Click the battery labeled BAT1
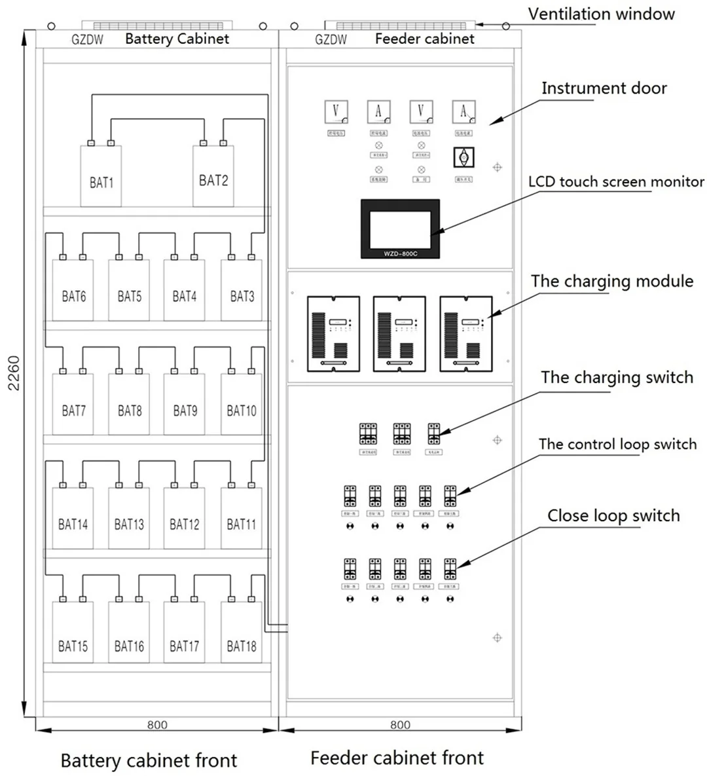click(x=101, y=176)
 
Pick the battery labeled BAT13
click(x=129, y=518)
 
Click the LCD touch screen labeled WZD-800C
click(x=400, y=229)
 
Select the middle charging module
click(x=399, y=333)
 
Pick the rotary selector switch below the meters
click(x=463, y=157)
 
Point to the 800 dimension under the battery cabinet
click(x=157, y=725)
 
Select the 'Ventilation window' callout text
click(x=601, y=14)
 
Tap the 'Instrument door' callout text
click(x=604, y=88)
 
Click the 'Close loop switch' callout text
click(x=613, y=516)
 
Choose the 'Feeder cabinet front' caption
click(x=397, y=758)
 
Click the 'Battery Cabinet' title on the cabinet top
click(x=177, y=39)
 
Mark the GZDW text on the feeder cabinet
click(x=331, y=39)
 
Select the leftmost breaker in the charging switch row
click(x=368, y=434)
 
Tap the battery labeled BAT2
click(x=213, y=176)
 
